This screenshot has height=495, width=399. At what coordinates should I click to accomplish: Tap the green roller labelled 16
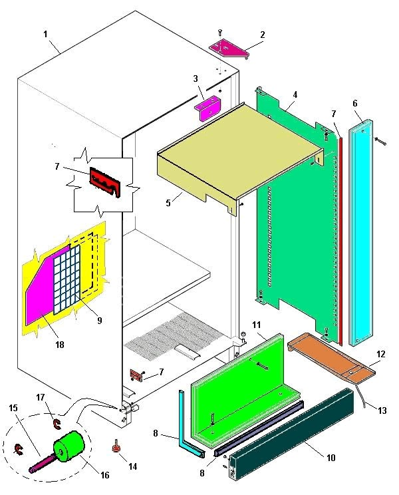(x=68, y=447)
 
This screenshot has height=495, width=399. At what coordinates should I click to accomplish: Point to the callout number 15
(x=14, y=407)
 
